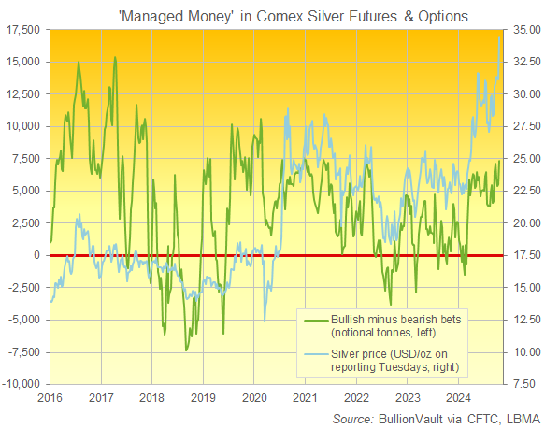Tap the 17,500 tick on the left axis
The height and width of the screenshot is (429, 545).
(x=22, y=30)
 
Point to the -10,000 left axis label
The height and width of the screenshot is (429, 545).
(x=21, y=384)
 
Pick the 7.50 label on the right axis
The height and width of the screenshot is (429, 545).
(x=523, y=384)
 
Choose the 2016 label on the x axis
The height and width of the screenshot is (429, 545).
(x=50, y=397)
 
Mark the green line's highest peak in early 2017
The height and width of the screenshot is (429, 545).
(x=115, y=58)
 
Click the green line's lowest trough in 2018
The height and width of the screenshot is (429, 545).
(x=187, y=350)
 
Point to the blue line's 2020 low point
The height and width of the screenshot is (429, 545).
(x=265, y=321)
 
